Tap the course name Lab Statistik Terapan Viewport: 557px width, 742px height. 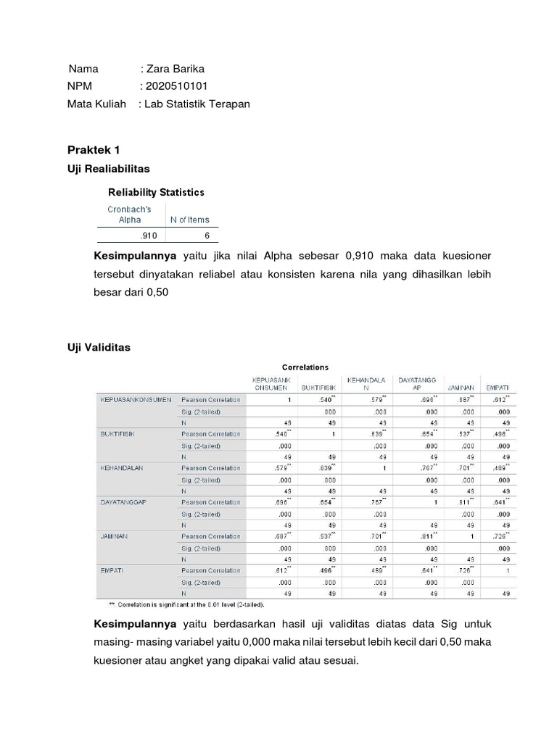(197, 104)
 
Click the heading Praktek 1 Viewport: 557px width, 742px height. (94, 150)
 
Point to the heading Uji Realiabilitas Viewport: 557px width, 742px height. (108, 168)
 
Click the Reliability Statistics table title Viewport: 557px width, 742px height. (156, 192)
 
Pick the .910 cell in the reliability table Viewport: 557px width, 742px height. (149, 236)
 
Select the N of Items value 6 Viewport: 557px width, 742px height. (206, 236)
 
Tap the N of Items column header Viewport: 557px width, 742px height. (189, 220)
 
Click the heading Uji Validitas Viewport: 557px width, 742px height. (99, 348)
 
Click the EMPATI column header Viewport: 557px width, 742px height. (497, 388)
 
